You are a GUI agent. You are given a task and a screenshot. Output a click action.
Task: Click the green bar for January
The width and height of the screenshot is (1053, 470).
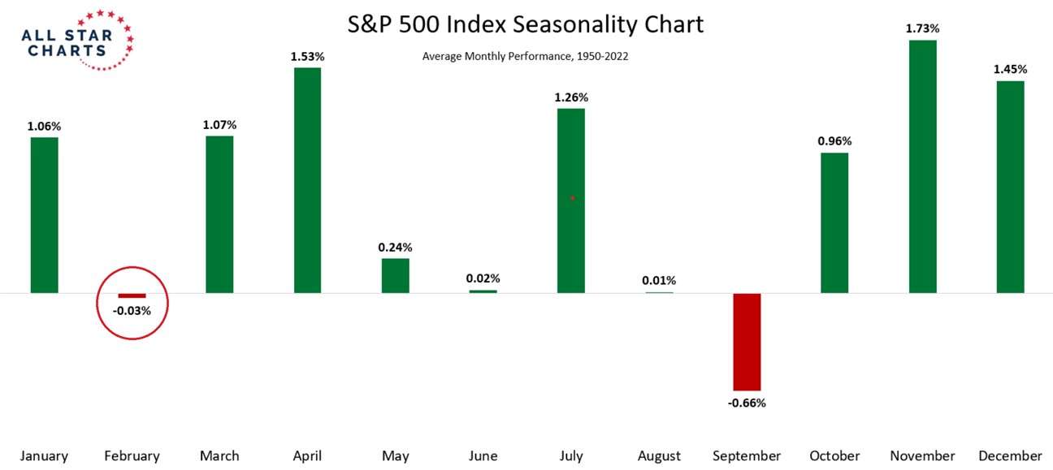click(44, 214)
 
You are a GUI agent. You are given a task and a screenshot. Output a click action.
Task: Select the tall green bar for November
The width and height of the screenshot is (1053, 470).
click(922, 166)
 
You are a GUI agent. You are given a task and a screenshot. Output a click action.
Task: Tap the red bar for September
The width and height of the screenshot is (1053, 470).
click(747, 342)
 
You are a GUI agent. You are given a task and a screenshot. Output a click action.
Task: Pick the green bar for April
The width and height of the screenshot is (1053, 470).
click(307, 179)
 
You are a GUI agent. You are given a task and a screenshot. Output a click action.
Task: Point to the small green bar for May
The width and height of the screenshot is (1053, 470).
click(396, 275)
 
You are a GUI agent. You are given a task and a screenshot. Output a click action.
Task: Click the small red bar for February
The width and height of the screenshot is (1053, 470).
click(132, 295)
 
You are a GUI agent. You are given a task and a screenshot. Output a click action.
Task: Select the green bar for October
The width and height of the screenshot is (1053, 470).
click(834, 222)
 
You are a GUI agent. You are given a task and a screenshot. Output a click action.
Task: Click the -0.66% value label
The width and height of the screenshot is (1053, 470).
click(747, 403)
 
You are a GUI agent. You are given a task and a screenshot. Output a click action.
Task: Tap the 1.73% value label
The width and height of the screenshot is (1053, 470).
click(922, 28)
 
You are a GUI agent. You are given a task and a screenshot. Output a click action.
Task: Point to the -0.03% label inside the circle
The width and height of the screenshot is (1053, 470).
click(132, 310)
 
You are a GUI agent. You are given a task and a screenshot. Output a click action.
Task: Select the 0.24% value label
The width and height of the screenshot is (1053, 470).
click(396, 248)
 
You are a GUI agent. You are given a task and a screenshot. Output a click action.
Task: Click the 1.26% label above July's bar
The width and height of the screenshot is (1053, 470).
click(571, 97)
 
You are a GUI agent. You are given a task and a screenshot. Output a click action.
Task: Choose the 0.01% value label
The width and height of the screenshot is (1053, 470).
click(659, 281)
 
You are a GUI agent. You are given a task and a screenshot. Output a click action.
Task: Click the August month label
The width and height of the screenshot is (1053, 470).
click(659, 456)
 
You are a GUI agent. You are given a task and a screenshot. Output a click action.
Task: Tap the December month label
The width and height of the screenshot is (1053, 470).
click(1010, 456)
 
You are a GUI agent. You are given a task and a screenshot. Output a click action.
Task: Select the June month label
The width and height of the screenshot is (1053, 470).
click(483, 456)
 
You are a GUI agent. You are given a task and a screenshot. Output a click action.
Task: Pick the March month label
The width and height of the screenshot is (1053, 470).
click(219, 456)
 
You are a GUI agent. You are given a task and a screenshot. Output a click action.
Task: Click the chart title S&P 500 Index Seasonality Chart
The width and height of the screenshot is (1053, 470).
click(526, 24)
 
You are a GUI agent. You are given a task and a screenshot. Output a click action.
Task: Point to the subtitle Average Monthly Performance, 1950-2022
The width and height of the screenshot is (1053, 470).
click(525, 57)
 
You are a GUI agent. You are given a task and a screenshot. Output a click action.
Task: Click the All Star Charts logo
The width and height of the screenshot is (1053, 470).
click(77, 41)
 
